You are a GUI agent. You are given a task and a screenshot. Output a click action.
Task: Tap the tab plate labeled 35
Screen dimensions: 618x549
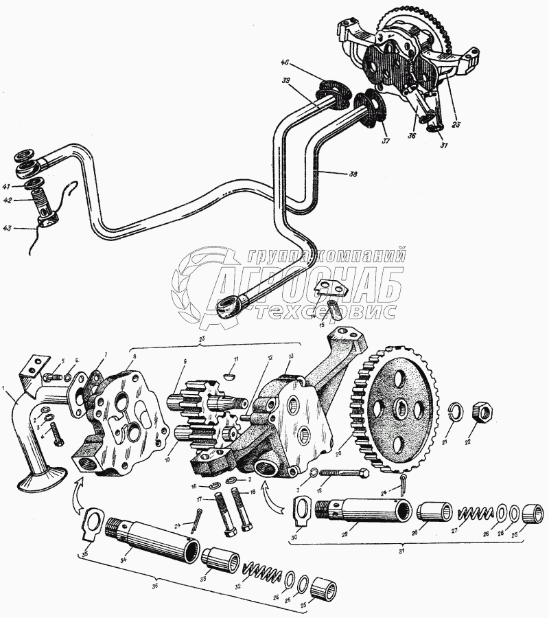90,521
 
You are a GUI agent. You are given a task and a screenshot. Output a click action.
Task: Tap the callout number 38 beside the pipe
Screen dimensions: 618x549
352,174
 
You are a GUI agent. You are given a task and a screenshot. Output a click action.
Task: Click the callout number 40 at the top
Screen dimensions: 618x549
285,64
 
